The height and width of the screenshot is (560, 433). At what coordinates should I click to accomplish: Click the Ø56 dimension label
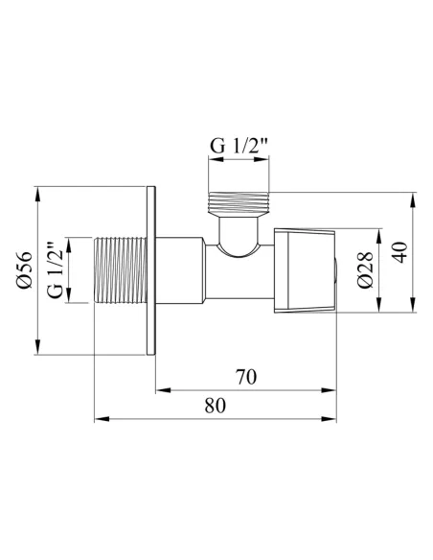24,270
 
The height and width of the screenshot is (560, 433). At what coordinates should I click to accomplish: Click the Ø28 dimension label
365,270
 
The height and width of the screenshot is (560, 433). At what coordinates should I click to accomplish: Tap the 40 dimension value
401,252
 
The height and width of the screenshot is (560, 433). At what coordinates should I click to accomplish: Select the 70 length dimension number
246,377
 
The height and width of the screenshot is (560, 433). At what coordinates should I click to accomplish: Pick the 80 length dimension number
216,406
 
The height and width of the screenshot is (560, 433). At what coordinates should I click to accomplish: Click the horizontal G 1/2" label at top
239,145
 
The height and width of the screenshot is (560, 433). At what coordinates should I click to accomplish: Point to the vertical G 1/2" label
56,270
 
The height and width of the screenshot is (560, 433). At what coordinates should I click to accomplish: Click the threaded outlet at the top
239,203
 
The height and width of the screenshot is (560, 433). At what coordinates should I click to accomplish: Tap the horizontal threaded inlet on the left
120,270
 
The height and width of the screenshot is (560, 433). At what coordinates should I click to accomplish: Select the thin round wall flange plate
151,270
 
